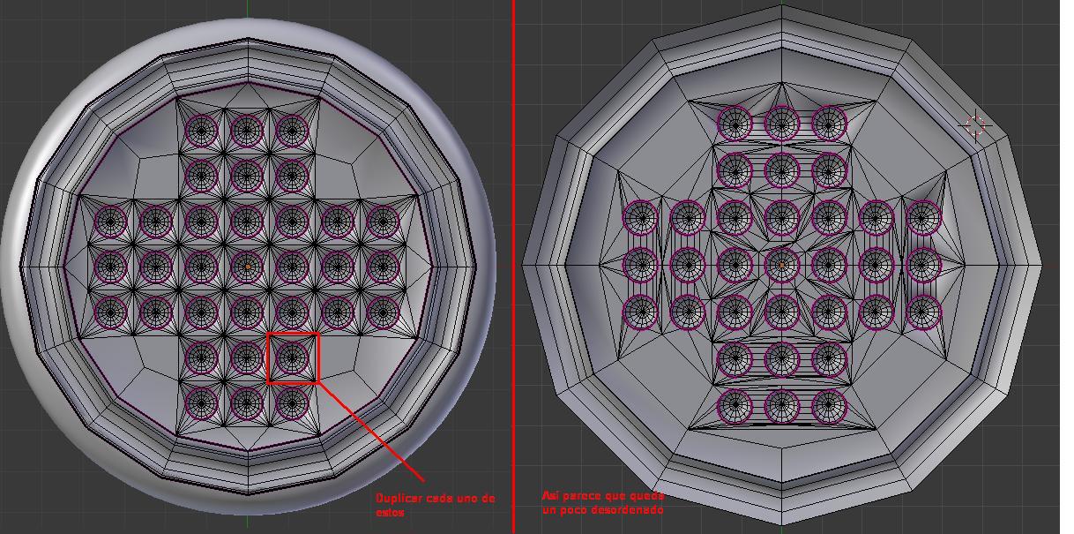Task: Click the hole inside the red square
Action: [292, 357]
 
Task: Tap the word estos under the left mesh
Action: [390, 513]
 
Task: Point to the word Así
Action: [550, 495]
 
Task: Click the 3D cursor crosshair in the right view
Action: [975, 125]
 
